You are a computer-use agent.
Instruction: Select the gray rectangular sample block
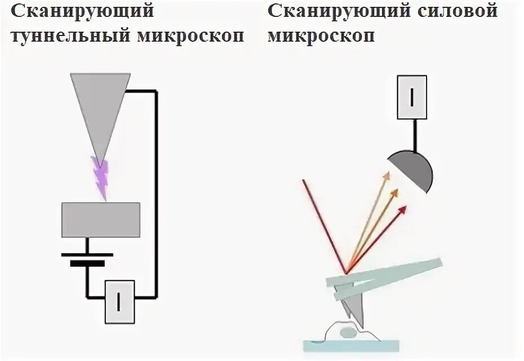click(100, 219)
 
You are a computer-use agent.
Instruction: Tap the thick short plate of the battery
click(87, 263)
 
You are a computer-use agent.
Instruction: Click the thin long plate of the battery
click(87, 254)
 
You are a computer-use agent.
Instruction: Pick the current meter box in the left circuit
click(119, 302)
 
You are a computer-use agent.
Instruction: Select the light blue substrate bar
click(349, 344)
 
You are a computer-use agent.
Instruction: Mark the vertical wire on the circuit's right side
click(156, 192)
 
